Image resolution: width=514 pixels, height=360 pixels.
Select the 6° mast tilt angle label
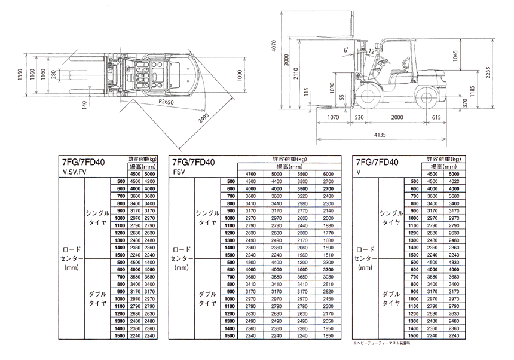click(x=345, y=51)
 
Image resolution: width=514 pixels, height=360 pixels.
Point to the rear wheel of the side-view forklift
click(x=427, y=97)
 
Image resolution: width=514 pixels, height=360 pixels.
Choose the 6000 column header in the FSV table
click(x=328, y=173)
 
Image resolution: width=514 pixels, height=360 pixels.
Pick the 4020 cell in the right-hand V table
click(x=453, y=181)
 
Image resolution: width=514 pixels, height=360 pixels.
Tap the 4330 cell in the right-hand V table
click(x=453, y=262)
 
